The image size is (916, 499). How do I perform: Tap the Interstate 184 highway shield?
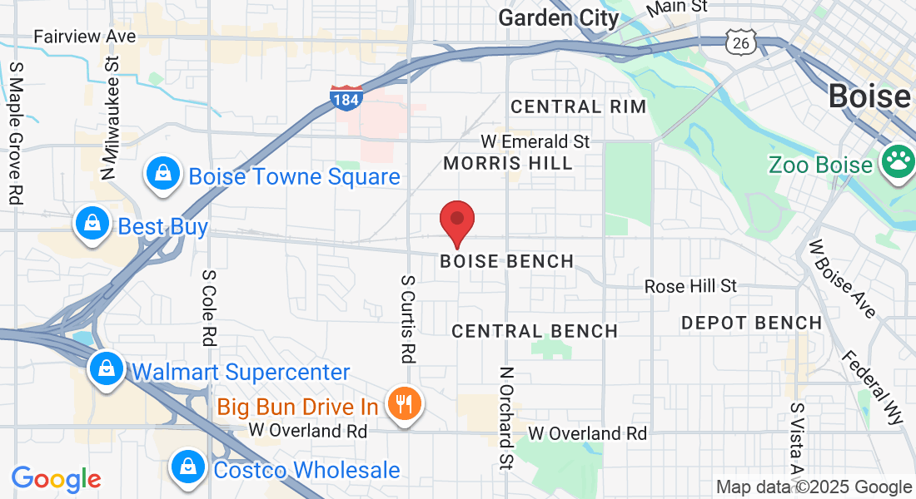346,98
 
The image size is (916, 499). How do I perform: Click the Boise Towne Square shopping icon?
164,174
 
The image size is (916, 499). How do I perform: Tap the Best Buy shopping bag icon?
92,224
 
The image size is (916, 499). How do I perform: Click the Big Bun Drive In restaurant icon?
405,405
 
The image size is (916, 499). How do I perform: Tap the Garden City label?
559,17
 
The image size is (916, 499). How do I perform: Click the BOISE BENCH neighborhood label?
507,261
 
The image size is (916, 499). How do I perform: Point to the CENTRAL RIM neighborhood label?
578,106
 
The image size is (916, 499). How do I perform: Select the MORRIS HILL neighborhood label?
508,163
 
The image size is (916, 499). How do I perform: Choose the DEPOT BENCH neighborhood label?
751,323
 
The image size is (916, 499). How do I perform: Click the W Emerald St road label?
535,141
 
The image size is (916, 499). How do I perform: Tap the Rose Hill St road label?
690,286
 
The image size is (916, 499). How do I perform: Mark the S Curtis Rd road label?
407,319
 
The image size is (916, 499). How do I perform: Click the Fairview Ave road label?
84,37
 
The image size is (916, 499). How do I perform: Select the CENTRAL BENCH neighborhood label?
535,331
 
